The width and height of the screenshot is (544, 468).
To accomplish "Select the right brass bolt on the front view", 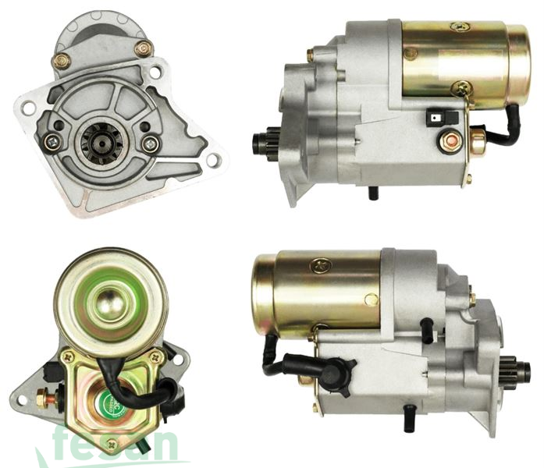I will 144,49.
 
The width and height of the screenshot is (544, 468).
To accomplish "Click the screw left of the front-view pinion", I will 52,141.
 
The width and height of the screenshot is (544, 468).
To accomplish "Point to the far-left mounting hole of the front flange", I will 28,108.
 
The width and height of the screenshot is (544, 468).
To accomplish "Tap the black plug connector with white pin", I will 436,118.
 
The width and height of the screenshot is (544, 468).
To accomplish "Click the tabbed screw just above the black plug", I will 462,89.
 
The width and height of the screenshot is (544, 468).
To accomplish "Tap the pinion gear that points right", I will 507,366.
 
